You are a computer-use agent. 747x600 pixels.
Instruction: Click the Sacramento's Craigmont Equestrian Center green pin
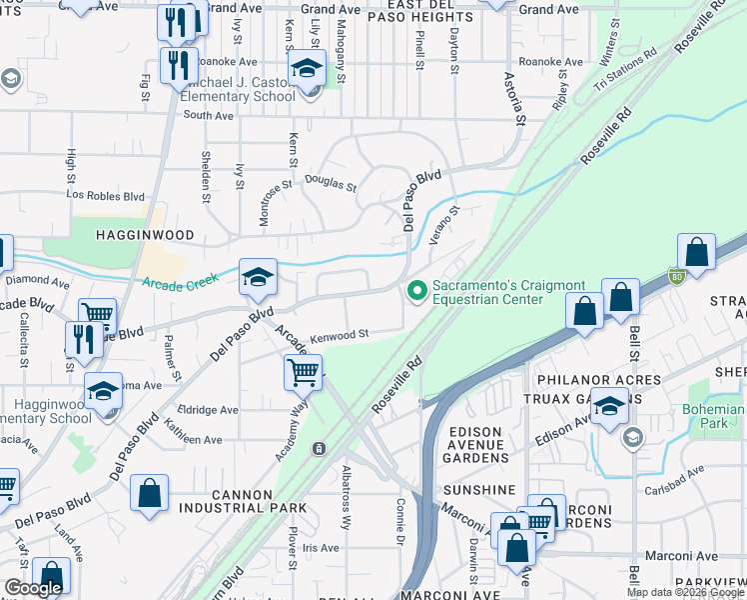tap(416, 291)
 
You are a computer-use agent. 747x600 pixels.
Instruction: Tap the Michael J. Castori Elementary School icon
tap(308, 73)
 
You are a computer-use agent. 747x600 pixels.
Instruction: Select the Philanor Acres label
tap(598, 380)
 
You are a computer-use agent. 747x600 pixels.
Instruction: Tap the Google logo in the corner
tap(33, 588)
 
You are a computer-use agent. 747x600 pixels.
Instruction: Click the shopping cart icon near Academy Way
tap(302, 372)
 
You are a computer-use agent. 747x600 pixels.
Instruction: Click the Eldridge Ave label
tap(208, 410)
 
